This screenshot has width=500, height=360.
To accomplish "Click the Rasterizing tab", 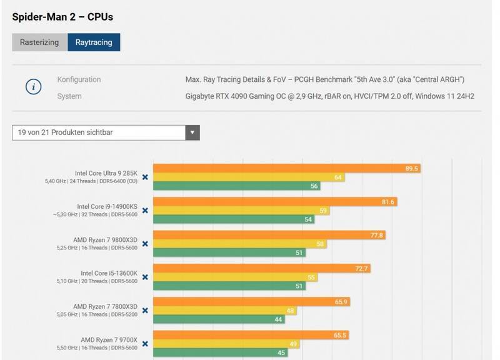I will pyautogui.click(x=39, y=42).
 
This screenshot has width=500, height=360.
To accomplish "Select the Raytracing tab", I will pyautogui.click(x=94, y=42).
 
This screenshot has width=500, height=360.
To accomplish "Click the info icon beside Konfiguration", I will pyautogui.click(x=33, y=87).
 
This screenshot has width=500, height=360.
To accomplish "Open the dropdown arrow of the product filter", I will pyautogui.click(x=192, y=132).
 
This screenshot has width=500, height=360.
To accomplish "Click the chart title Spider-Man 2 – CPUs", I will pyautogui.click(x=62, y=17).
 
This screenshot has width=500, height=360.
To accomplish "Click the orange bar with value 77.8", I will pyautogui.click(x=269, y=235).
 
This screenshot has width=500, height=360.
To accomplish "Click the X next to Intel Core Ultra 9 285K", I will pyautogui.click(x=145, y=177).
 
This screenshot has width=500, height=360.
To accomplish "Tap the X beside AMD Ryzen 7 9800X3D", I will pyautogui.click(x=145, y=244).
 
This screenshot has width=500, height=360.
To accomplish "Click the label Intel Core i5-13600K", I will pyautogui.click(x=109, y=273).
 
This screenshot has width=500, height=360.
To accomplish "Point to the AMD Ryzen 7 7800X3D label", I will pyautogui.click(x=105, y=306).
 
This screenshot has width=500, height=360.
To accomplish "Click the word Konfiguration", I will pyautogui.click(x=79, y=80).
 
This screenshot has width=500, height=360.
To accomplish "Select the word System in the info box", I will pyautogui.click(x=69, y=96).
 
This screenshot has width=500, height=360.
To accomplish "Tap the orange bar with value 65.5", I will pyautogui.click(x=250, y=335).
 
